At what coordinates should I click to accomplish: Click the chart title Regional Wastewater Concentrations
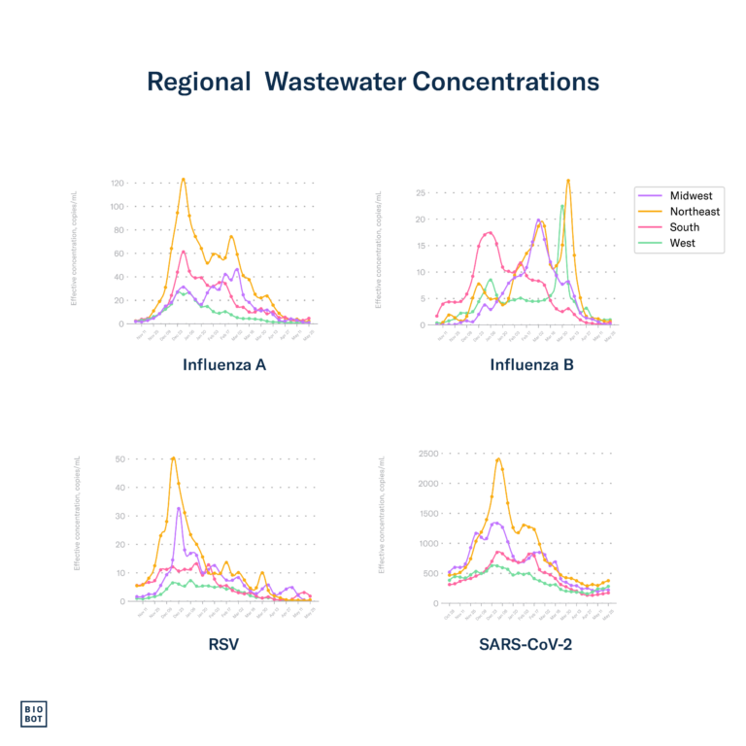pos(373,83)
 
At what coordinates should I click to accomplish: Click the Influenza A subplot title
pos(224,366)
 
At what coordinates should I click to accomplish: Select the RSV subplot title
pos(223,643)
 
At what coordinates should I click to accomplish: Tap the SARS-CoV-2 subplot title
pos(525,643)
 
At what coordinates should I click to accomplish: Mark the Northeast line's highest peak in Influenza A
pos(183,179)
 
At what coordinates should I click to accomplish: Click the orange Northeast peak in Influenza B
pos(568,180)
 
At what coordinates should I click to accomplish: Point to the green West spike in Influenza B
pos(561,206)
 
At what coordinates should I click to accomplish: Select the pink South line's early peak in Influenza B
pos(490,231)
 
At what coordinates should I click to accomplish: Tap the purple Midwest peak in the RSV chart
pos(179,508)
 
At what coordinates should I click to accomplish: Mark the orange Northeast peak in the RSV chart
pos(173,458)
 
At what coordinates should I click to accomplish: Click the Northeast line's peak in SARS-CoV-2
pos(498,458)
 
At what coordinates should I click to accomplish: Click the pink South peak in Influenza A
pos(184,252)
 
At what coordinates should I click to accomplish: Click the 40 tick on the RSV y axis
pos(120,488)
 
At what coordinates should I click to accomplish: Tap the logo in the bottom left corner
pos(33,714)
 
